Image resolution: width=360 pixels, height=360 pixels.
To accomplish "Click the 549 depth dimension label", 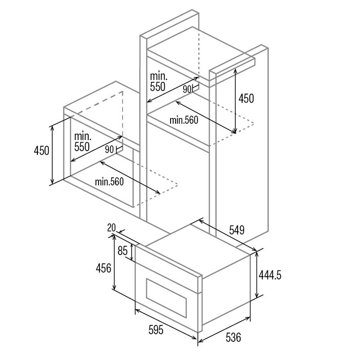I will pyautogui.click(x=236, y=230).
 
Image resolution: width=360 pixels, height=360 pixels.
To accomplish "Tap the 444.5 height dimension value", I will pyautogui.click(x=270, y=274).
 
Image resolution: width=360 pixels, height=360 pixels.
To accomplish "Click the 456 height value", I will pyautogui.click(x=103, y=269).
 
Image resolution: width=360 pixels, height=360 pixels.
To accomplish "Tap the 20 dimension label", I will pyautogui.click(x=112, y=228).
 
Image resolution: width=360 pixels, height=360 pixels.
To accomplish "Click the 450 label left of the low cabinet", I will pyautogui.click(x=41, y=151).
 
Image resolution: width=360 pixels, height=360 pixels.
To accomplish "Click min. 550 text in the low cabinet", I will pyautogui.click(x=82, y=140).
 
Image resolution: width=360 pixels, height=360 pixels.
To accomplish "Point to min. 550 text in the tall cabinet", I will pyautogui.click(x=158, y=81).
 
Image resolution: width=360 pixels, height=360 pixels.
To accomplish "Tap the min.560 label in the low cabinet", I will pyautogui.click(x=109, y=181).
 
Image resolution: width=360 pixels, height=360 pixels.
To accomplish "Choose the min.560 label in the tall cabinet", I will pyautogui.click(x=184, y=120).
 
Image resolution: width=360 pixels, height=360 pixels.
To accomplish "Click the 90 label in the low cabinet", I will pyautogui.click(x=109, y=150).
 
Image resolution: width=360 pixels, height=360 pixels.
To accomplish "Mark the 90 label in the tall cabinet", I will pyautogui.click(x=187, y=89).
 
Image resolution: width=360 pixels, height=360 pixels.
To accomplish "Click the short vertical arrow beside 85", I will pyautogui.click(x=131, y=252).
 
